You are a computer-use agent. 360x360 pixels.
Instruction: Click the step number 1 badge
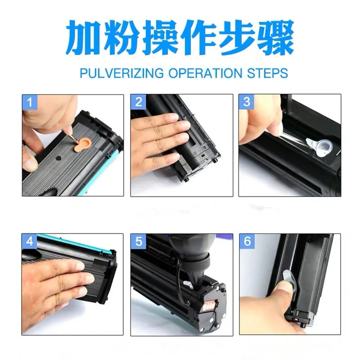30,102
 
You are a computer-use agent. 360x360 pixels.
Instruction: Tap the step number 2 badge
138,102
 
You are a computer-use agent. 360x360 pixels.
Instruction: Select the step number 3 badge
246,102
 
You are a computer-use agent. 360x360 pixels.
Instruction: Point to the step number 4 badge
30,242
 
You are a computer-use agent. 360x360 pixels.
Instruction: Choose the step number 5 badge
138,242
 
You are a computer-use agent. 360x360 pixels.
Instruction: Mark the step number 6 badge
246,242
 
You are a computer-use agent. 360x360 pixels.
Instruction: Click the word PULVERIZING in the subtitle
117,73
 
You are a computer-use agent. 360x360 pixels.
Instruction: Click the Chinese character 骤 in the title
276,38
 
